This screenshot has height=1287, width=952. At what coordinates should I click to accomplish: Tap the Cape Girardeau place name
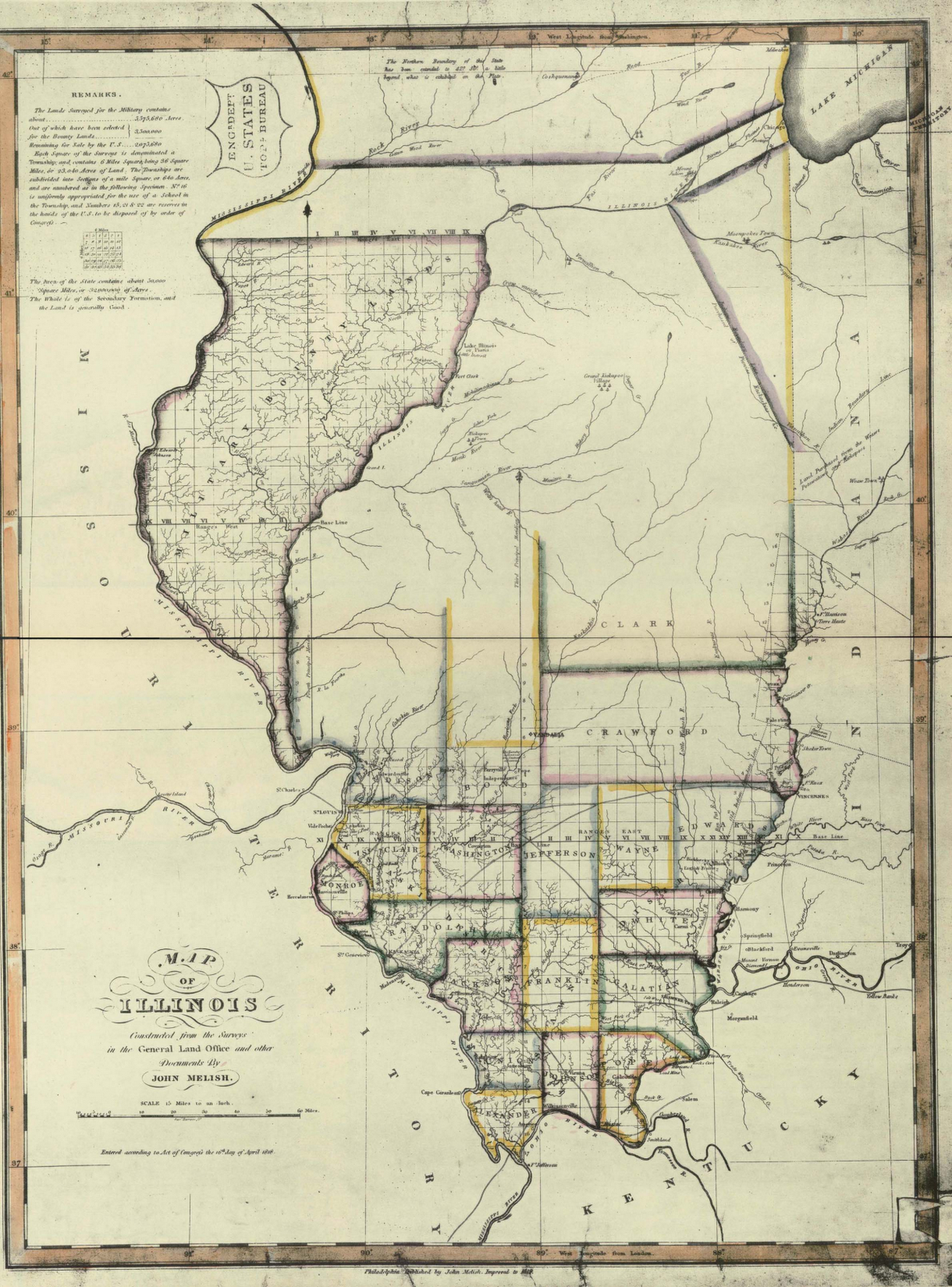click(x=439, y=1093)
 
